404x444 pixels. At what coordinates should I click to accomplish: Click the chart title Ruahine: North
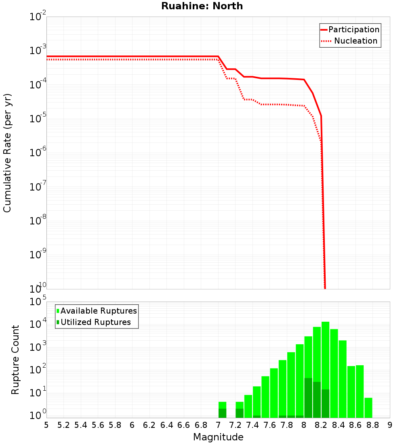(x=202, y=6)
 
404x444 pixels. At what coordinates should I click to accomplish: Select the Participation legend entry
(x=354, y=29)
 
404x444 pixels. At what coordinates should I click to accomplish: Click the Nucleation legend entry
(x=356, y=41)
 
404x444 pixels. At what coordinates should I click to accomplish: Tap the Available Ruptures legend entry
(x=99, y=311)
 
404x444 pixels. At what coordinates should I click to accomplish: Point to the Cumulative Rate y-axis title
(x=7, y=153)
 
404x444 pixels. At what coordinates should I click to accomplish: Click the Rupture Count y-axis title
(x=15, y=360)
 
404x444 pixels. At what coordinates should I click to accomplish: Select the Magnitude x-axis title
(x=218, y=437)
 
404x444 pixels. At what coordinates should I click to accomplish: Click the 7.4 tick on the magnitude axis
(x=253, y=425)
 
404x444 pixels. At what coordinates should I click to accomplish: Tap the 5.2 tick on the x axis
(x=64, y=425)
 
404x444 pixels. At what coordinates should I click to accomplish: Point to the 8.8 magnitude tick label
(x=373, y=425)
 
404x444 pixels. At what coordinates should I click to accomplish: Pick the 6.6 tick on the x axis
(x=184, y=425)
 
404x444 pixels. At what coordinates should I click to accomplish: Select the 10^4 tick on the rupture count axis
(x=38, y=325)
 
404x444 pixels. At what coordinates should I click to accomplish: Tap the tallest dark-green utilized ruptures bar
(x=308, y=398)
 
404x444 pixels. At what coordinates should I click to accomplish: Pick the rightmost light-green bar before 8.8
(x=368, y=408)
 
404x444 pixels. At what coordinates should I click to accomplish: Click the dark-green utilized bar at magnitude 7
(x=222, y=413)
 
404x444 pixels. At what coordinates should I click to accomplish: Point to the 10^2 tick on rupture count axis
(x=38, y=370)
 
